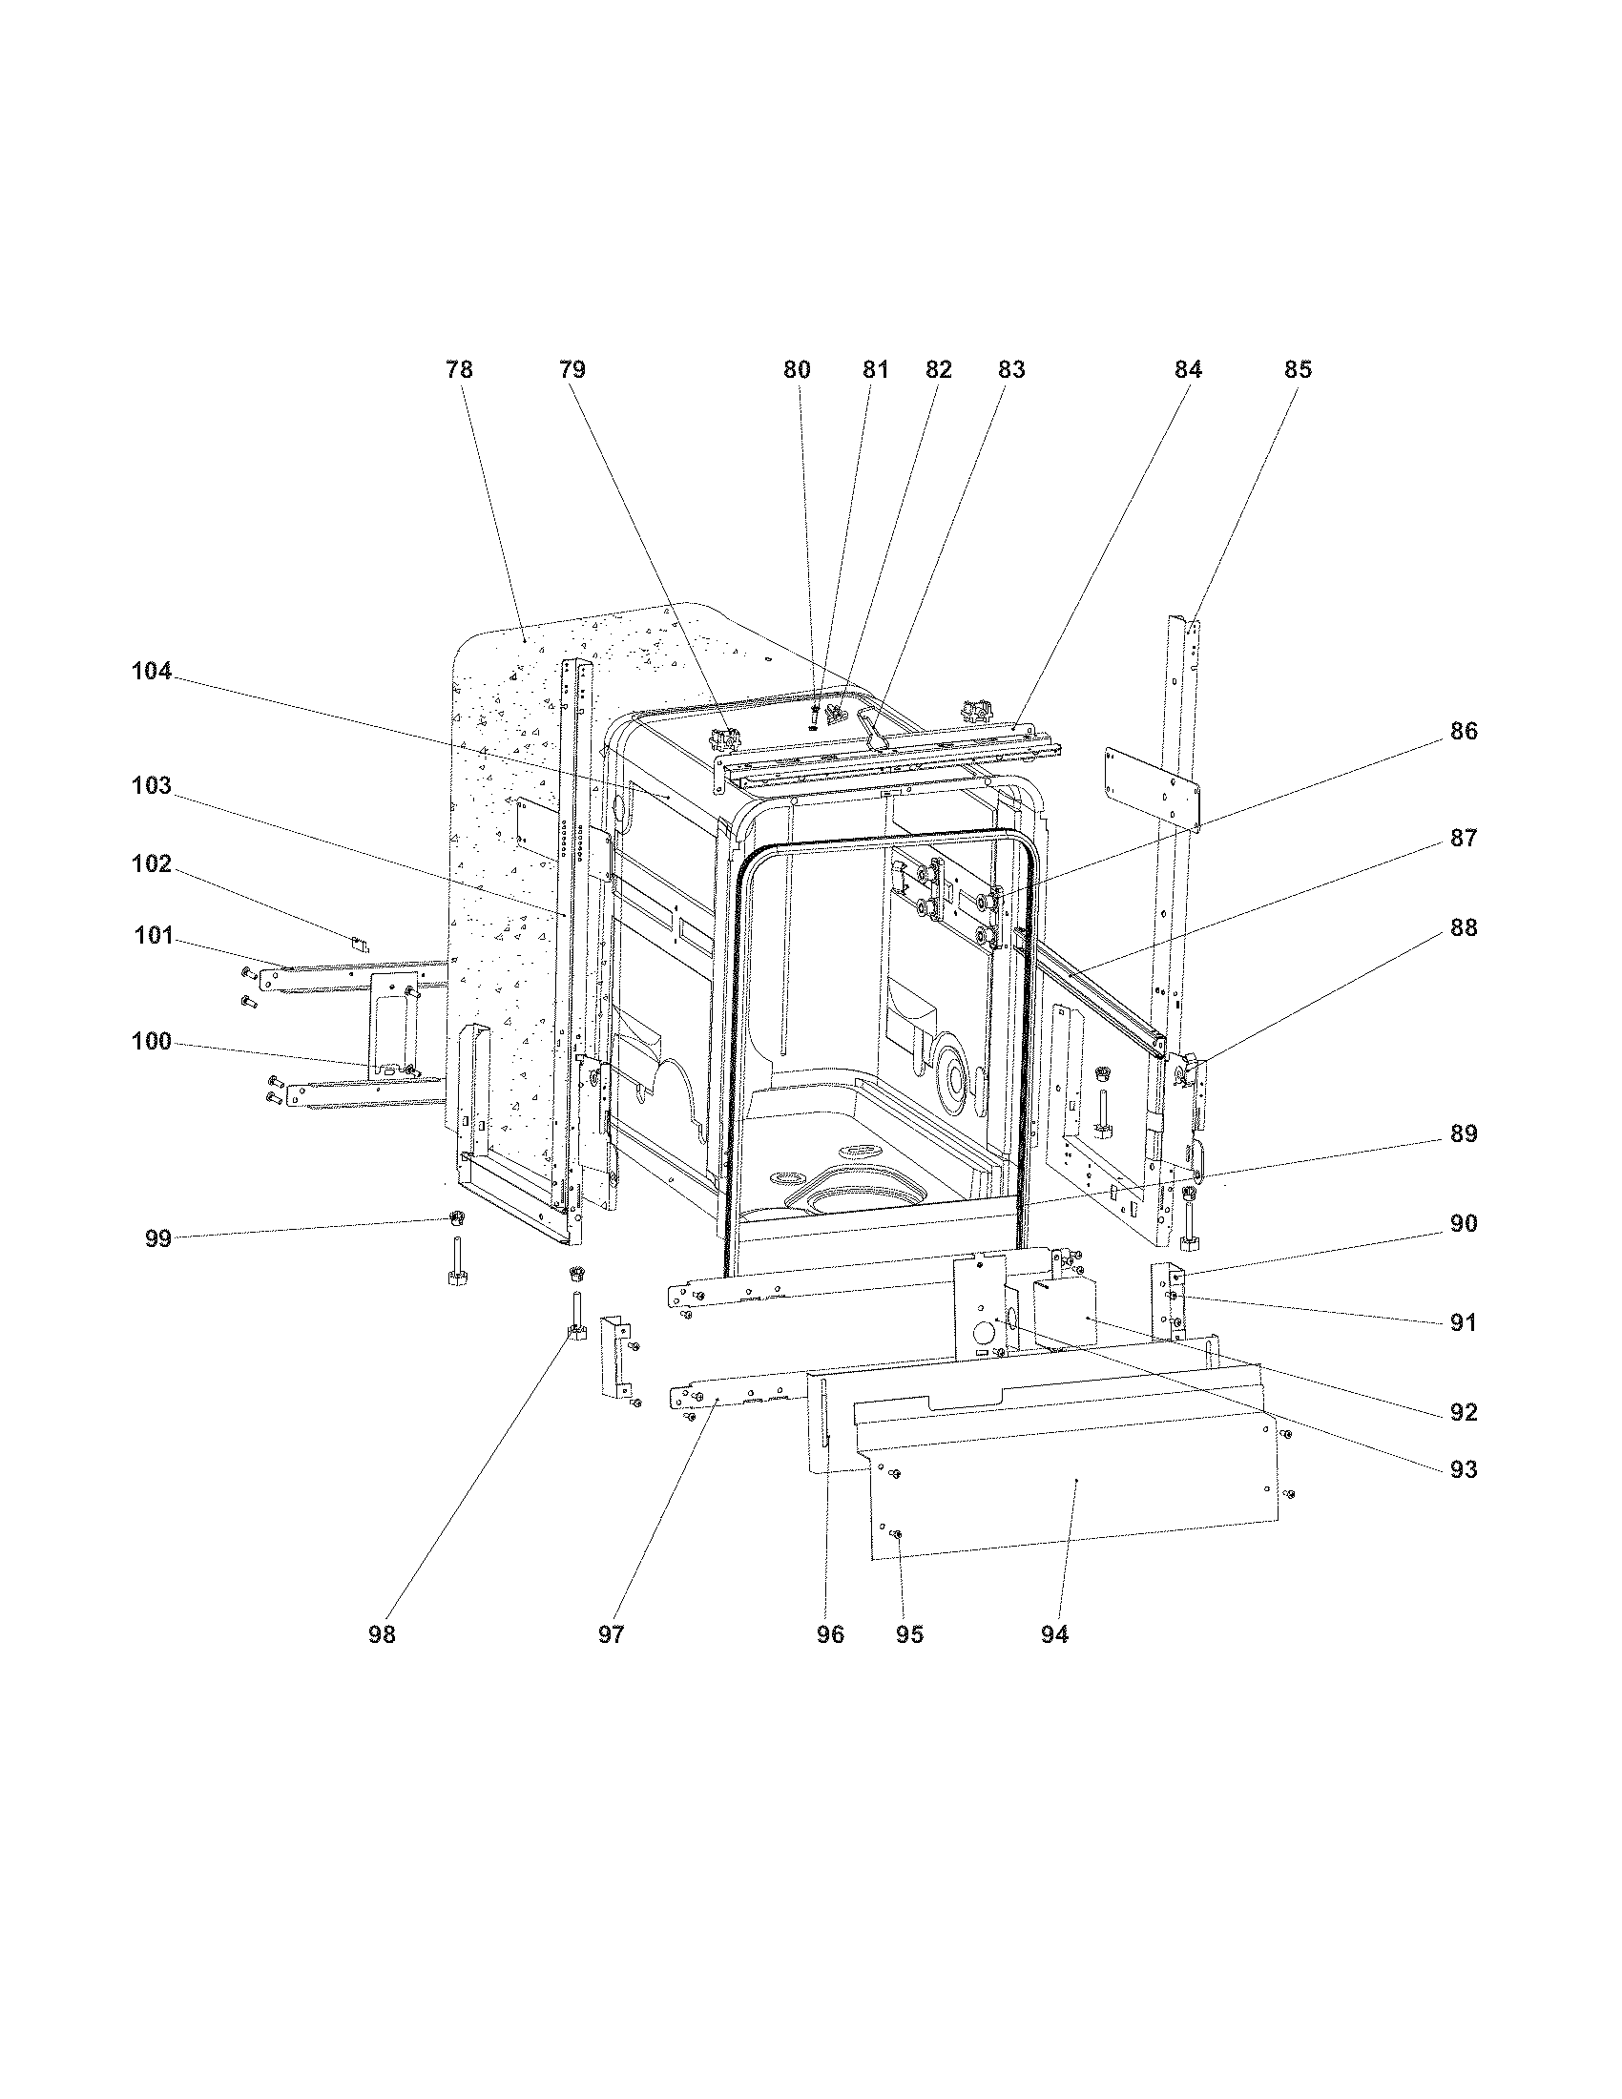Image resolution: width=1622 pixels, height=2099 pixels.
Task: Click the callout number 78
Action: point(459,370)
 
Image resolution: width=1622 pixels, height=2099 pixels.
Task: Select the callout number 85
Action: point(1298,370)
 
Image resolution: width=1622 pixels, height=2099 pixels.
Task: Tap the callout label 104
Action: point(152,672)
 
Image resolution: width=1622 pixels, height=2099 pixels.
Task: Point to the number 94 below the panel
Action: point(1054,1634)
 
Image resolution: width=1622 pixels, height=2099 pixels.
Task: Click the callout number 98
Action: point(382,1634)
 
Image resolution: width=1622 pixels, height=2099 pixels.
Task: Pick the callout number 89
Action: point(1463,1134)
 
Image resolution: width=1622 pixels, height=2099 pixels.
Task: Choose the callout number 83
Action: point(1010,370)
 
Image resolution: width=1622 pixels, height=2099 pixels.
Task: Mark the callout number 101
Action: point(152,935)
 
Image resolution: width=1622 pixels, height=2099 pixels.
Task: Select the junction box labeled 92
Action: point(1065,1313)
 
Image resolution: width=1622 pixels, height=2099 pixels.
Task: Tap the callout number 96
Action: point(830,1634)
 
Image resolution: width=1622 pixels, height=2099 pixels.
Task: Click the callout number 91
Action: point(1463,1323)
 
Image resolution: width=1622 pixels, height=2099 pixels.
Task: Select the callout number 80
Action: point(797,370)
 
